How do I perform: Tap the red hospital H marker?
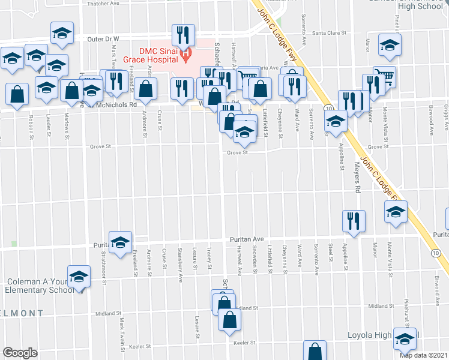pyautogui.click(x=186, y=55)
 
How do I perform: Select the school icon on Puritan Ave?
pyautogui.click(x=120, y=242)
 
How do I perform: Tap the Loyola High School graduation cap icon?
pyautogui.click(x=405, y=339)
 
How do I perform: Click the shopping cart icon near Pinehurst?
pyautogui.click(x=385, y=77)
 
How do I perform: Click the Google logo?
pyautogui.click(x=19, y=353)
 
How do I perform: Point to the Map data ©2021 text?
pyautogui.click(x=424, y=356)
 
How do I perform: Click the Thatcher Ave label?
pyautogui.click(x=103, y=3)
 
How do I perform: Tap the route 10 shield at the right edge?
pyautogui.click(x=436, y=254)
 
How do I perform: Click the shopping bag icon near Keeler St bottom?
pyautogui.click(x=315, y=351)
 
